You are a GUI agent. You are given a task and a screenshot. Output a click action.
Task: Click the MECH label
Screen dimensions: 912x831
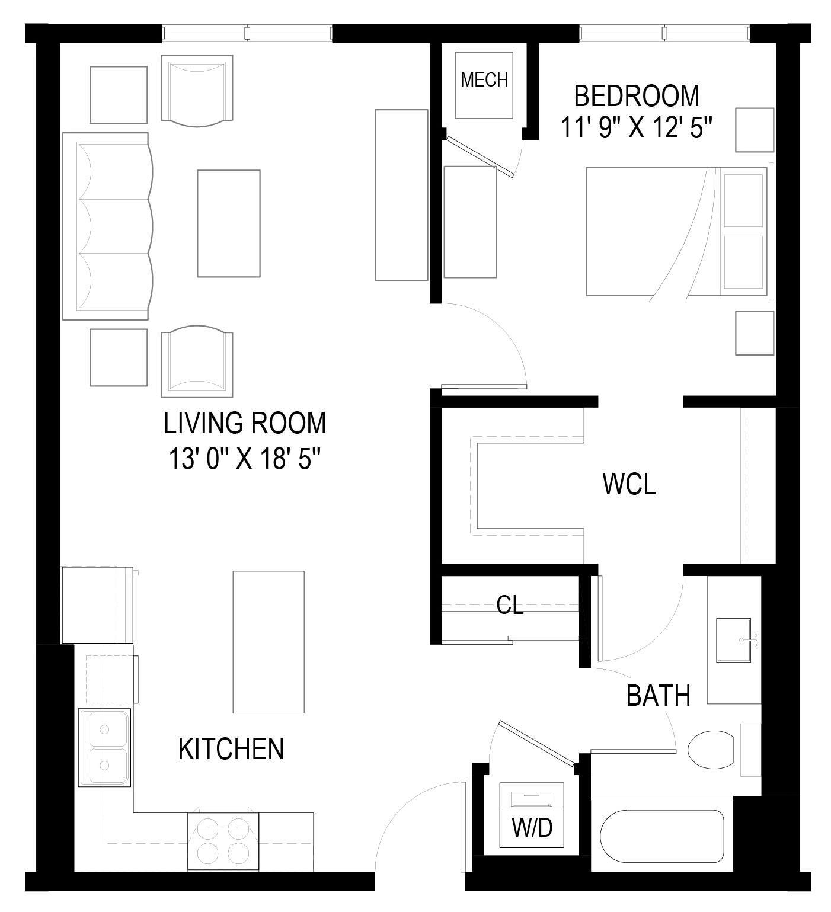tap(484, 79)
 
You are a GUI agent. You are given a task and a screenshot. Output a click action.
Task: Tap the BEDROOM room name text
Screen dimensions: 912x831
tap(637, 95)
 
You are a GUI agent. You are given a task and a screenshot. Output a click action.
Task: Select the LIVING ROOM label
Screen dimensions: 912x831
tap(245, 423)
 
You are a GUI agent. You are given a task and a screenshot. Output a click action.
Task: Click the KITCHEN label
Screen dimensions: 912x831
tap(231, 749)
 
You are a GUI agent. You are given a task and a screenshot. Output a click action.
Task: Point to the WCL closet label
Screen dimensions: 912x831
tap(629, 484)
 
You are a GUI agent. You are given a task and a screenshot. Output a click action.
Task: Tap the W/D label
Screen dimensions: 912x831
tap(532, 827)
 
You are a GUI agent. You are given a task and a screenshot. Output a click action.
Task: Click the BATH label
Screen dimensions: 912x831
tap(658, 696)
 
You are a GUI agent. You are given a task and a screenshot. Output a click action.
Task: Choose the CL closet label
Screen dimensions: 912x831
tap(510, 605)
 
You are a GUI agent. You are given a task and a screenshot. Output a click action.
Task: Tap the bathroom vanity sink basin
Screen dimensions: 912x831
tap(734, 640)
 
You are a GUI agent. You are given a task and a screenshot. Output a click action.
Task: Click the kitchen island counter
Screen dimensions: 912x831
tap(269, 642)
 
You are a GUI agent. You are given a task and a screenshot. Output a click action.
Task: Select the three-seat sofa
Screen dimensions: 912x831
tap(107, 226)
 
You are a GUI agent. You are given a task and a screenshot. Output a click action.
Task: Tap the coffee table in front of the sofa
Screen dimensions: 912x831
tap(228, 223)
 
